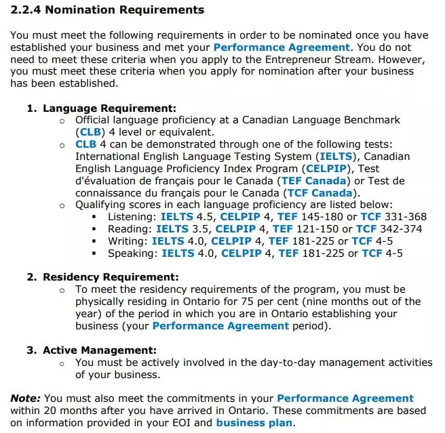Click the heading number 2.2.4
coord(26,10)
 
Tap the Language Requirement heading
coord(109,108)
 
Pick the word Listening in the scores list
coord(131,217)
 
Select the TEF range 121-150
coord(314,229)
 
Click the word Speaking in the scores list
coord(132,253)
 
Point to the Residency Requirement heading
coord(111,277)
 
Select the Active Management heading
coord(100,350)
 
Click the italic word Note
coord(24,398)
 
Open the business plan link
coord(254,423)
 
